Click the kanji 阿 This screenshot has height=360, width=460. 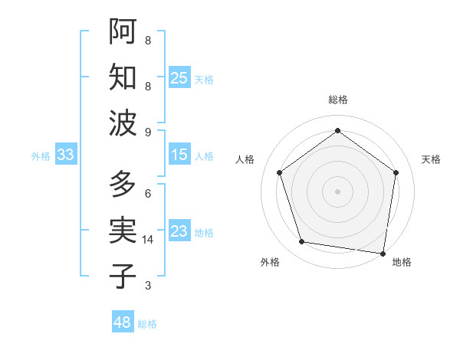pyautogui.click(x=123, y=31)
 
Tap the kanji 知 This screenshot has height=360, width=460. pyautogui.click(x=123, y=77)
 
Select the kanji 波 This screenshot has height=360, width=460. pyautogui.click(x=123, y=123)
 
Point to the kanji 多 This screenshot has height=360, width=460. pyautogui.click(x=123, y=184)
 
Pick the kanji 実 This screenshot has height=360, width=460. pyautogui.click(x=123, y=230)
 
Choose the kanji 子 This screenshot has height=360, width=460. pyautogui.click(x=123, y=276)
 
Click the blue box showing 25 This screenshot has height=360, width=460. pyautogui.click(x=179, y=77)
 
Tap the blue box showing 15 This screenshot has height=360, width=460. pyautogui.click(x=179, y=155)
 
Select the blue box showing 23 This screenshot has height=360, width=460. pyautogui.click(x=179, y=231)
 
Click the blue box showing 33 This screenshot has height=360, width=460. pyautogui.click(x=65, y=155)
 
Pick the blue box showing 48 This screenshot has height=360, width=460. pyautogui.click(x=123, y=322)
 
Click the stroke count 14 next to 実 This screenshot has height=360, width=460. pyautogui.click(x=149, y=240)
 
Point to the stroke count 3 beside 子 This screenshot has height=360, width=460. pyautogui.click(x=148, y=286)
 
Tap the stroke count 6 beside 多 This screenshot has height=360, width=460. pyautogui.click(x=148, y=194)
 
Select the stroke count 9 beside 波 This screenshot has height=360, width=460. pyautogui.click(x=148, y=132)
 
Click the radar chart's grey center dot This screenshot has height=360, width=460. pyautogui.click(x=337, y=191)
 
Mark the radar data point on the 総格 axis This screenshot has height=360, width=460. pyautogui.click(x=337, y=130)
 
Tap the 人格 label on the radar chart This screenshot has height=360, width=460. pyautogui.click(x=245, y=159)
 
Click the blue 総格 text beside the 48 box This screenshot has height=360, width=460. pyautogui.click(x=147, y=324)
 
